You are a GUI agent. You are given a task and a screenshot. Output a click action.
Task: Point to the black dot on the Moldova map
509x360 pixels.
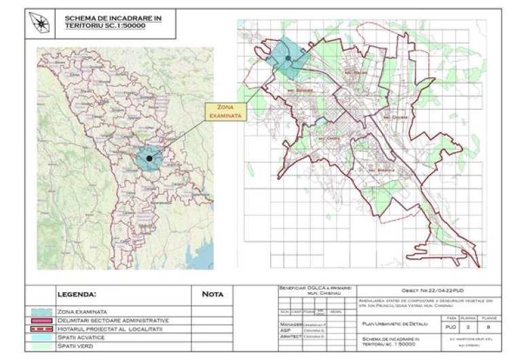149,158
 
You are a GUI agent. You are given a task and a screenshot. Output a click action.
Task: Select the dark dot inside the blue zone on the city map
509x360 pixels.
288,58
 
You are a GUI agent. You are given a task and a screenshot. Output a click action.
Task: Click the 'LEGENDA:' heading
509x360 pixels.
77,295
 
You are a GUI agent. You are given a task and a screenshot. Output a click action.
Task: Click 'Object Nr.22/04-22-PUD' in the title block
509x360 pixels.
424,290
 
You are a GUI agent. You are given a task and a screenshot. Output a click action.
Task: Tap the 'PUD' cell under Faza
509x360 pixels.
452,327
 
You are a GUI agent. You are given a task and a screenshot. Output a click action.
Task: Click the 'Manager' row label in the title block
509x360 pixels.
290,325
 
